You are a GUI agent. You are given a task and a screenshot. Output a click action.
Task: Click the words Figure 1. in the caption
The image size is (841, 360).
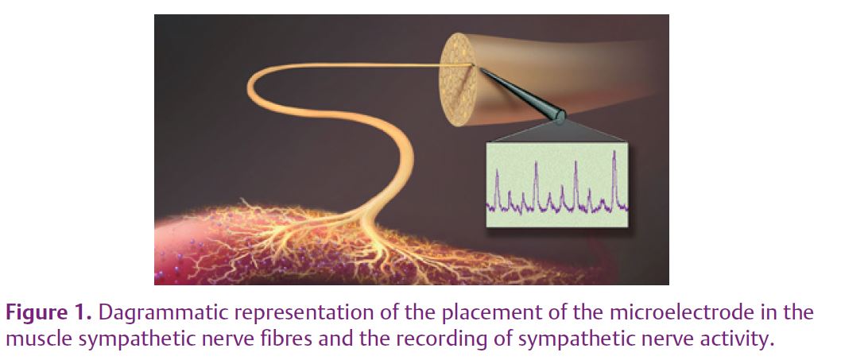click(48, 313)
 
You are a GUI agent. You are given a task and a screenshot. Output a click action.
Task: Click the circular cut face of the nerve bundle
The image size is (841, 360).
click(458, 79)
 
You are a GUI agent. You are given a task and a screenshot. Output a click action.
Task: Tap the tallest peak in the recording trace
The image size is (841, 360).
click(614, 153)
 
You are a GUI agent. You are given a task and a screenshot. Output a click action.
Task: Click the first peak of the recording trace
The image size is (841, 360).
click(497, 171)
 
